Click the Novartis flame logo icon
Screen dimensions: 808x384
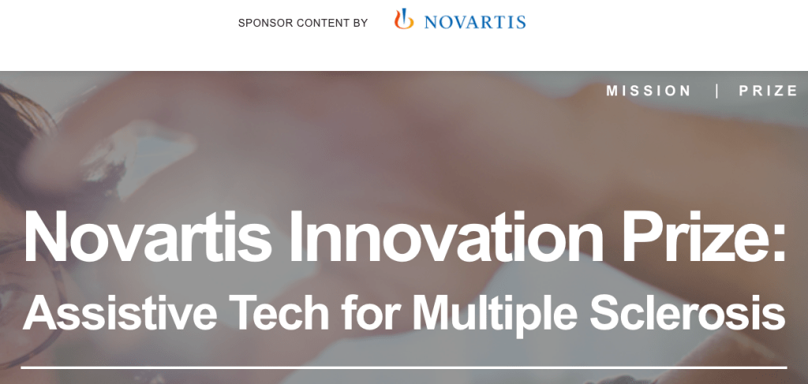pyautogui.click(x=404, y=19)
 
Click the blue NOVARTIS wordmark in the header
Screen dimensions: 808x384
pyautogui.click(x=474, y=22)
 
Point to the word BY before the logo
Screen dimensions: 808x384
pyautogui.click(x=360, y=23)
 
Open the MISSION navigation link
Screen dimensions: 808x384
pyautogui.click(x=649, y=91)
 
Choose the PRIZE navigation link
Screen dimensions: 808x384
pyautogui.click(x=769, y=91)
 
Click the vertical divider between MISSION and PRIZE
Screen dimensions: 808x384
pyautogui.click(x=716, y=91)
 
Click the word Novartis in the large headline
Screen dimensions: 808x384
pyautogui.click(x=148, y=237)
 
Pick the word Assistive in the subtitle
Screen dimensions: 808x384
pyautogui.click(x=120, y=313)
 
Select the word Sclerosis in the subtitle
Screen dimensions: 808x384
pyautogui.click(x=687, y=313)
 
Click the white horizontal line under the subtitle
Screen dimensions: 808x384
pyautogui.click(x=404, y=367)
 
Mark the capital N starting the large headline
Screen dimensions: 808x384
pyautogui.click(x=45, y=237)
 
